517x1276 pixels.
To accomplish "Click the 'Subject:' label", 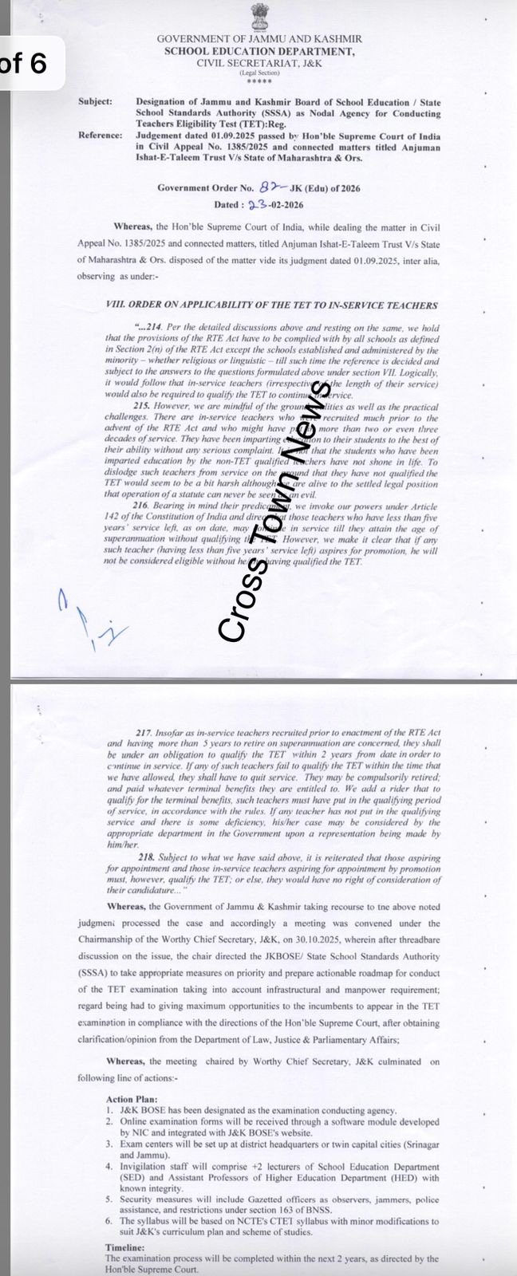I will [96, 102].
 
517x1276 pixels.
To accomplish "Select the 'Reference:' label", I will [100, 136].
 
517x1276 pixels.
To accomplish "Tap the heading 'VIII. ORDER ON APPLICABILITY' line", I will [271, 305].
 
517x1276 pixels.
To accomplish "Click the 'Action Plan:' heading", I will [132, 1098].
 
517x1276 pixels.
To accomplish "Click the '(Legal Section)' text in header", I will [258, 73].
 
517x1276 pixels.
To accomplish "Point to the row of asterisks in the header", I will [258, 81].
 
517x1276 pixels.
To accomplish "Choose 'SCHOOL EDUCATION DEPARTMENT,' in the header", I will [258, 51].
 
